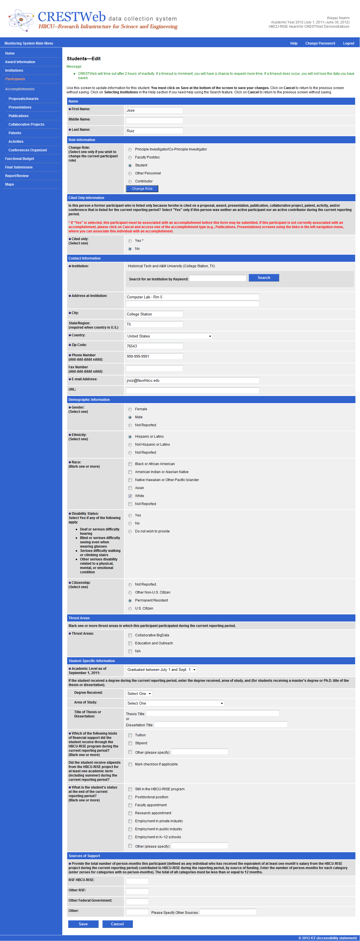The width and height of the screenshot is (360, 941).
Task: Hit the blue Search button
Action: (263, 278)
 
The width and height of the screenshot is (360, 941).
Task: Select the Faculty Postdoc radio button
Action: (130, 157)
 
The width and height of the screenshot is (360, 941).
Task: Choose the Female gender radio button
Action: (130, 409)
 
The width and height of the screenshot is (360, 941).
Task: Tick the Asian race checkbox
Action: (130, 488)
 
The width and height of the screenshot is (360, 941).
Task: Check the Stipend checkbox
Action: (130, 743)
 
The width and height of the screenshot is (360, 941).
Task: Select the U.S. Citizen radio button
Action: (130, 609)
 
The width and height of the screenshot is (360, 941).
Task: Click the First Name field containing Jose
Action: (154, 110)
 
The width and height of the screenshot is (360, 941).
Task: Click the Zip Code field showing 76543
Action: (154, 346)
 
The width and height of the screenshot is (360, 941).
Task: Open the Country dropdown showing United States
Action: (169, 336)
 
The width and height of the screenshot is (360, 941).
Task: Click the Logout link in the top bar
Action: (348, 43)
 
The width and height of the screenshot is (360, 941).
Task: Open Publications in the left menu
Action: (19, 116)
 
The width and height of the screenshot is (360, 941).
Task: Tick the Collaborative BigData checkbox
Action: (130, 636)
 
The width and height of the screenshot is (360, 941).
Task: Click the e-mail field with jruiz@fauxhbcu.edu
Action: (192, 380)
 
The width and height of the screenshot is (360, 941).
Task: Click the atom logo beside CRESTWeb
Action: (21, 20)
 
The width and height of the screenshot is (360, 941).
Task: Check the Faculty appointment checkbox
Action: (130, 805)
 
